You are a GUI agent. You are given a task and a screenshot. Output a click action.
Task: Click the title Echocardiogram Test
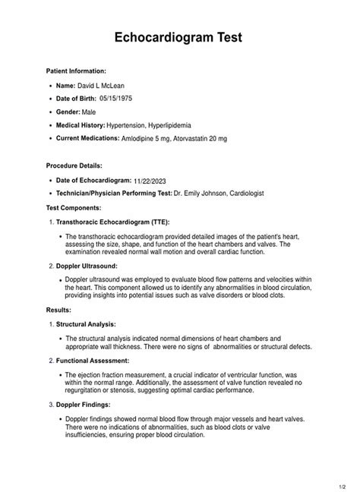179,38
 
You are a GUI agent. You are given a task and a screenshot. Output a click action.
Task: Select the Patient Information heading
81,70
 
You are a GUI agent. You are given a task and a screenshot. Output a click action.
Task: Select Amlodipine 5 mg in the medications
146,139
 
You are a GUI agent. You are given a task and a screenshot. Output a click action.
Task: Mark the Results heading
59,310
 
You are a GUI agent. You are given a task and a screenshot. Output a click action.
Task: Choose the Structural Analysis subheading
90,324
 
